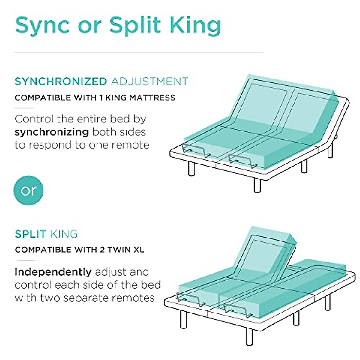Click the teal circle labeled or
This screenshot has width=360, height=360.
point(29,190)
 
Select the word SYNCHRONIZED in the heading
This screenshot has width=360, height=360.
point(61,81)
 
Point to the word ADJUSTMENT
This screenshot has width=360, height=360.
point(149,81)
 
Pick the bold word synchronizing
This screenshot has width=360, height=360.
point(52,132)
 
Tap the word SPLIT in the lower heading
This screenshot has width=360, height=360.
point(31,234)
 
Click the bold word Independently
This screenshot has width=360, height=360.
point(53,272)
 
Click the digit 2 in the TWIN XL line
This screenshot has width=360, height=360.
point(102,250)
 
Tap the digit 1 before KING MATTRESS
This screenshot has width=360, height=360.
point(98,97)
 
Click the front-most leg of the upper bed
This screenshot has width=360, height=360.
point(257,185)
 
